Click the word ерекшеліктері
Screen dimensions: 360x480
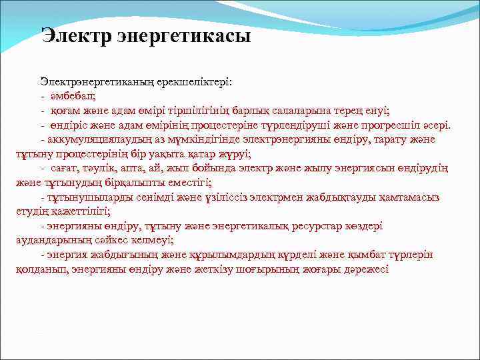coord(195,83)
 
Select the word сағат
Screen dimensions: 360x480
coord(66,168)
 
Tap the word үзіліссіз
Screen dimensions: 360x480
coord(213,197)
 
